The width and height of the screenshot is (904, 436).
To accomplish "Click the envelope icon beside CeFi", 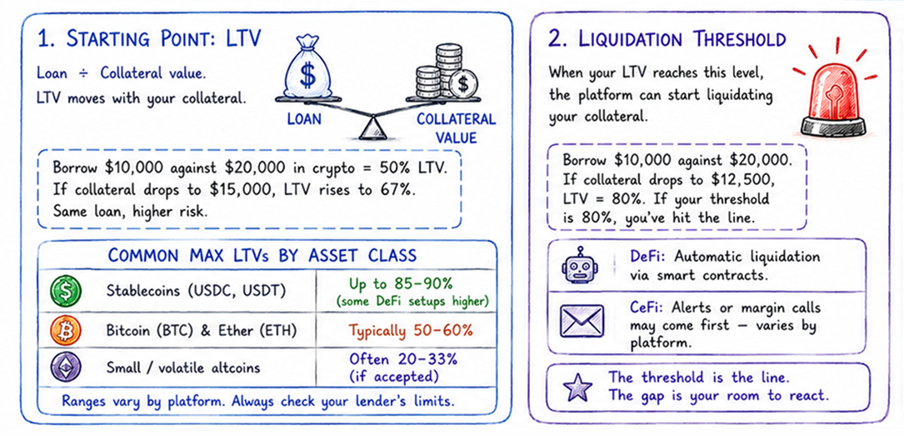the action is [582, 321].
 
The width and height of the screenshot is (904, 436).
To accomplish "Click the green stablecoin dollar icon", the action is [66, 290].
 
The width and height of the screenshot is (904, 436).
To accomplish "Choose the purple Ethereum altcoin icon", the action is [66, 367].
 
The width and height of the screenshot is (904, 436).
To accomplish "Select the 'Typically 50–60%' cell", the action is [405, 330].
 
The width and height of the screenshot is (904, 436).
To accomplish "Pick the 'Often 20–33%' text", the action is [403, 358].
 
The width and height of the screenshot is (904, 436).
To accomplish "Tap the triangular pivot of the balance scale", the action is [371, 128].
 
